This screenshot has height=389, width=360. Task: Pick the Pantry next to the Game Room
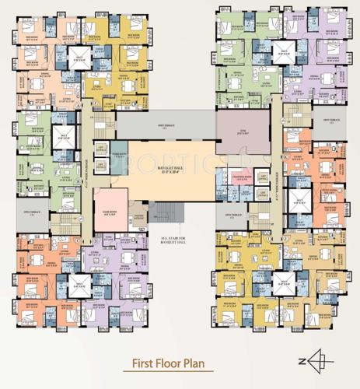[139, 219]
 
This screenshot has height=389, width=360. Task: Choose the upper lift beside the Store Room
[100, 149]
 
